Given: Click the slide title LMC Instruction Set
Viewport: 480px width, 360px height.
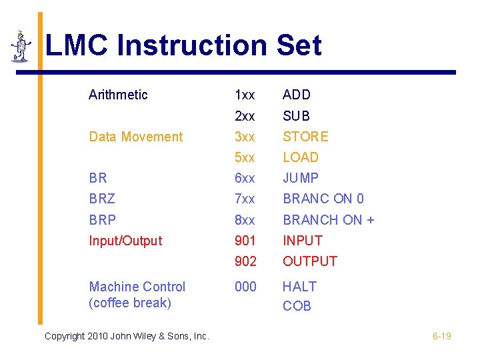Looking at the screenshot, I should click(x=183, y=46).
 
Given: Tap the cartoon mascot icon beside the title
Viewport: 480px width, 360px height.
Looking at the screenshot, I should click(x=21, y=46).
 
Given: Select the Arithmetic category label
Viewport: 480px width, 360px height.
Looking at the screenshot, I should click(x=118, y=95).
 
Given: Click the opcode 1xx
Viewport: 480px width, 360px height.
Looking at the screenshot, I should click(x=245, y=95).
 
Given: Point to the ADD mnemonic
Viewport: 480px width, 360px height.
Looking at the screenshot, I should click(x=297, y=95).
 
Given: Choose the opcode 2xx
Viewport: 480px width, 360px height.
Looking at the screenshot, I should click(x=245, y=116).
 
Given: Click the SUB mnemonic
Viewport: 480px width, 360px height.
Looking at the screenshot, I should click(x=296, y=116).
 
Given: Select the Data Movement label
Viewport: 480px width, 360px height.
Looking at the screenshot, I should click(x=135, y=137).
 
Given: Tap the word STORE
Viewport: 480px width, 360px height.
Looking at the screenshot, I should click(x=305, y=137).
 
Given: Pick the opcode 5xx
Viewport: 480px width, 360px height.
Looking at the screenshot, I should click(x=245, y=157).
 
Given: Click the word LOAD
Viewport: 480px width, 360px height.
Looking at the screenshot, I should click(x=301, y=157).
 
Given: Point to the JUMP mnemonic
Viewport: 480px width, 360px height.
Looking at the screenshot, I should click(x=301, y=178).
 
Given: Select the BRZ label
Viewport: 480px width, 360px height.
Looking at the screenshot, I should click(x=102, y=199).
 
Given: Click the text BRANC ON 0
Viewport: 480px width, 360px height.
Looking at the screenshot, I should click(x=323, y=199).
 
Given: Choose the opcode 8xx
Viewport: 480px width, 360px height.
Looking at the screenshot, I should click(x=245, y=219).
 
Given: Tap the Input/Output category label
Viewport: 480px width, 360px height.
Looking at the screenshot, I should click(x=125, y=241).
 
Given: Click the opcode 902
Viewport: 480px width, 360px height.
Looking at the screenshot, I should click(x=245, y=261).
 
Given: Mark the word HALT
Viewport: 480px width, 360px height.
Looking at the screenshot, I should click(x=299, y=287).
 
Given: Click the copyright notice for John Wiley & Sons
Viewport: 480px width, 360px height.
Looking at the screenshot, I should click(x=127, y=336).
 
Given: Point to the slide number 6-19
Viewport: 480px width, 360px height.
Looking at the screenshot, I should click(x=441, y=336).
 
